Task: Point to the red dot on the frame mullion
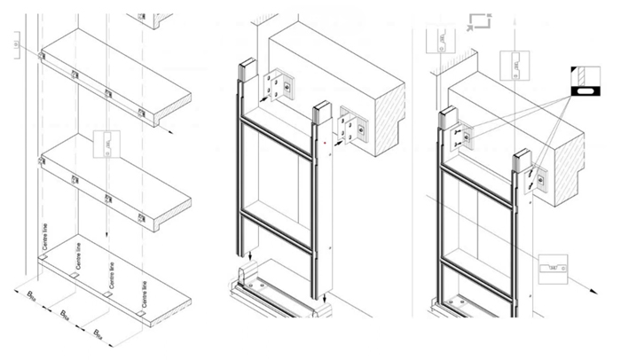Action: pyautogui.click(x=326, y=142)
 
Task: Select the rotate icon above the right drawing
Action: pyautogui.click(x=479, y=22)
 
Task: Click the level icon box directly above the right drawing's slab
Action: pyautogui.click(x=515, y=65)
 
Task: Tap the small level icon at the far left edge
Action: pyautogui.click(x=16, y=43)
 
